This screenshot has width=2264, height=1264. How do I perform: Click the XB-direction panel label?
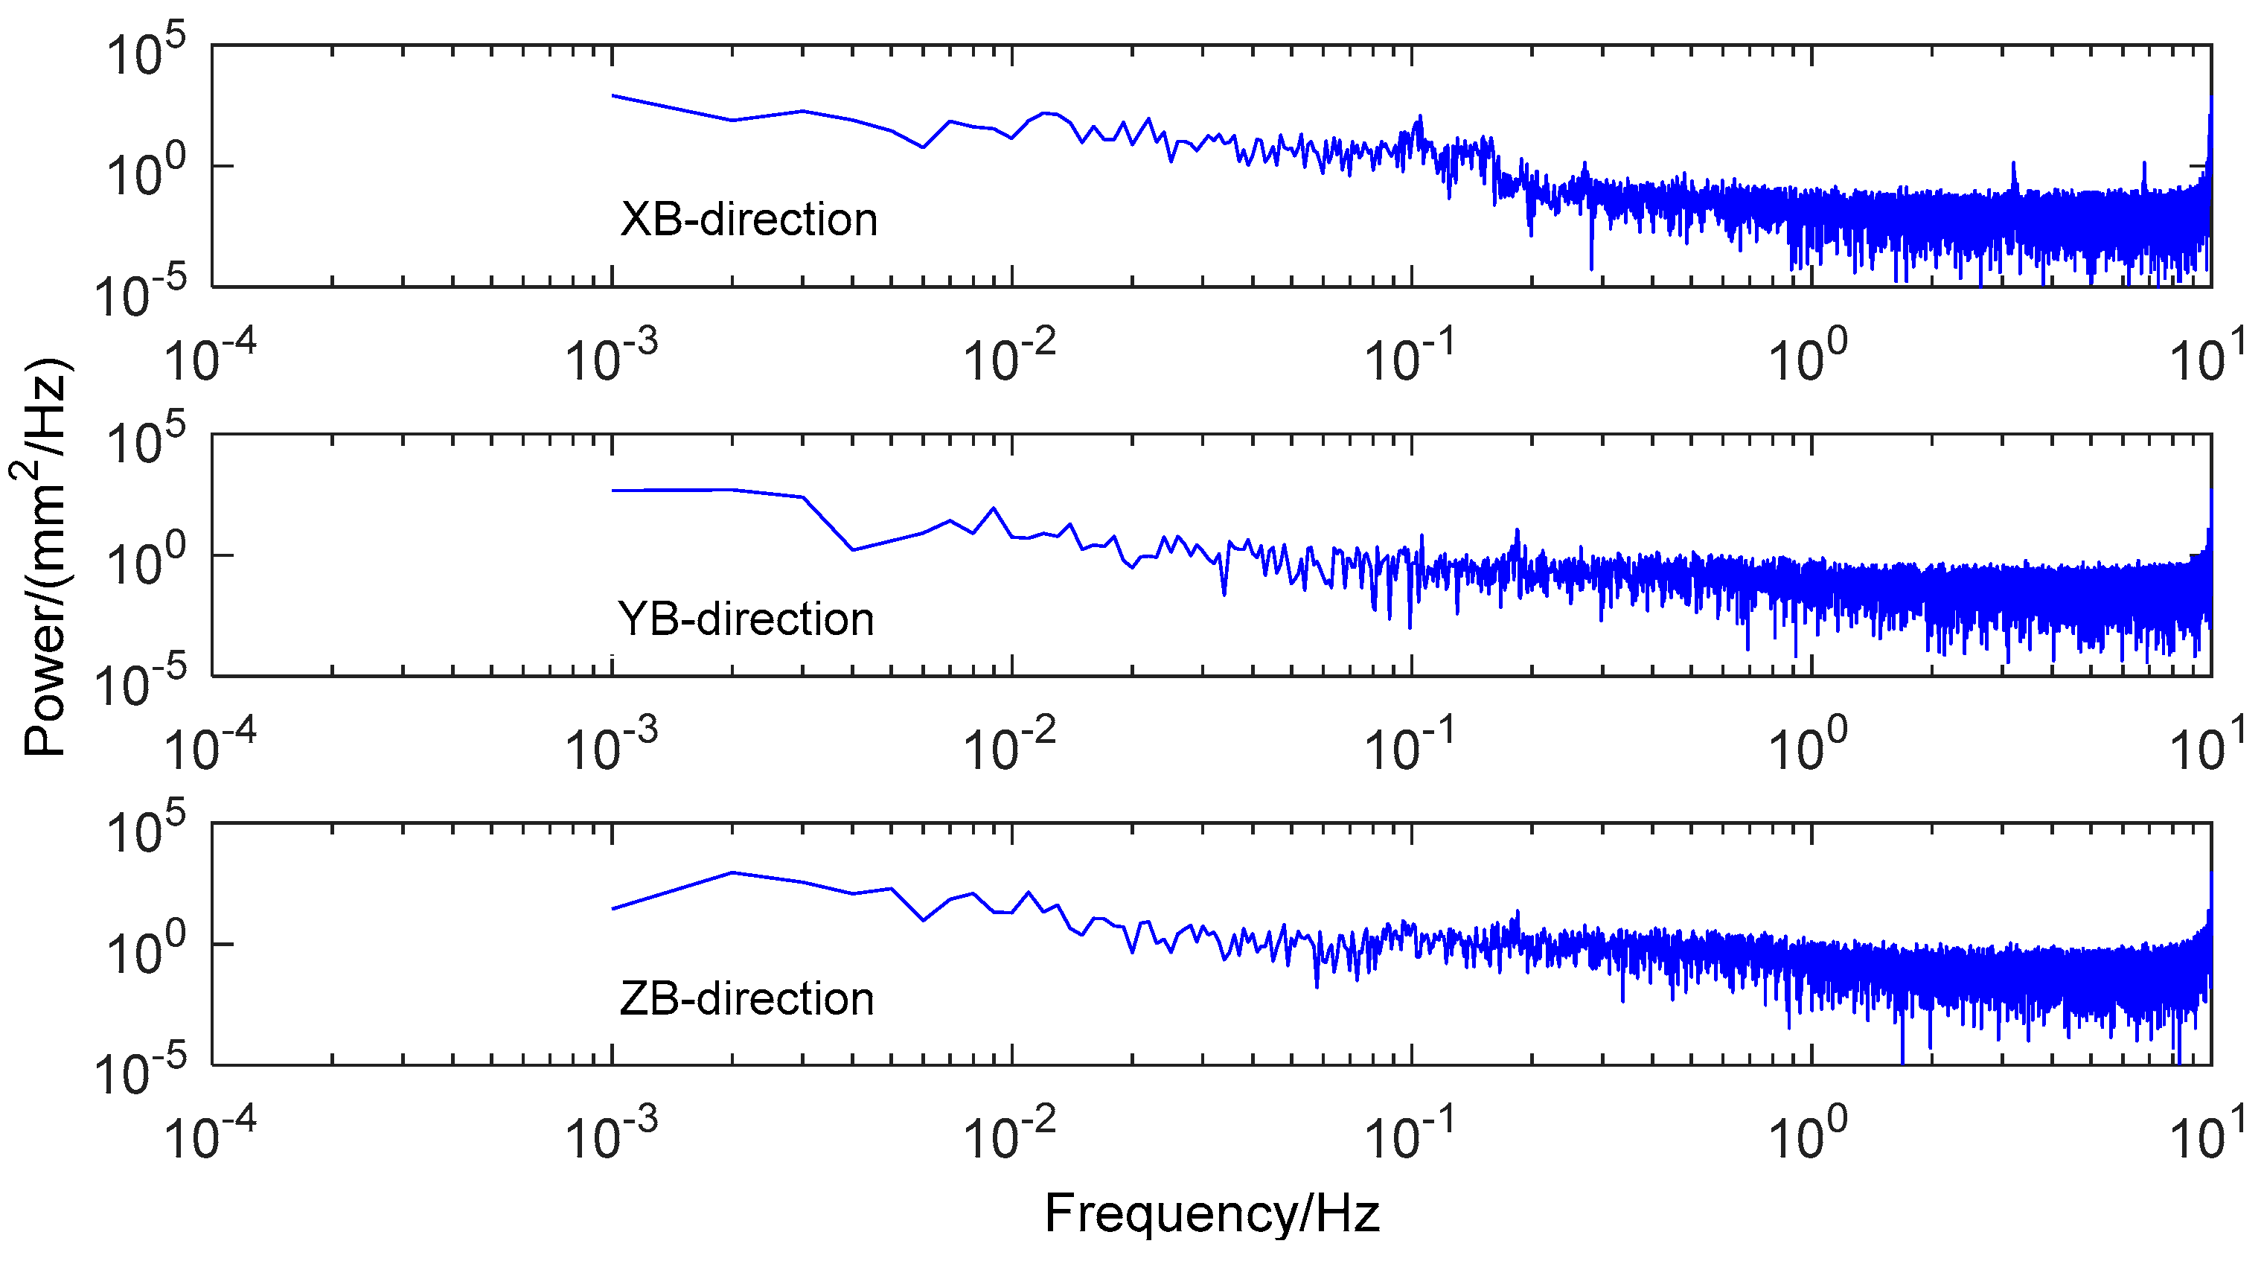click(748, 219)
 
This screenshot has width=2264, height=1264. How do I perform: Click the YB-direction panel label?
click(745, 619)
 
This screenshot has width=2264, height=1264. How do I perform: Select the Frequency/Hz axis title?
click(1211, 1214)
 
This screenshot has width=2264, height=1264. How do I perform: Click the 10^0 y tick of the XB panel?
click(146, 172)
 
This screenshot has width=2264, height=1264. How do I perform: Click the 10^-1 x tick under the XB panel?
click(1410, 356)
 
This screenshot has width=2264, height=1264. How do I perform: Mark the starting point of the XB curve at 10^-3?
click(613, 96)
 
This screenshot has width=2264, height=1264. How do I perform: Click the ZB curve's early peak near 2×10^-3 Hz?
click(732, 873)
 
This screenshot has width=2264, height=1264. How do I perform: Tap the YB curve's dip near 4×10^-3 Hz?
click(852, 550)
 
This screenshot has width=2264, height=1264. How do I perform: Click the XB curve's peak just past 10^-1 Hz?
click(1420, 117)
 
